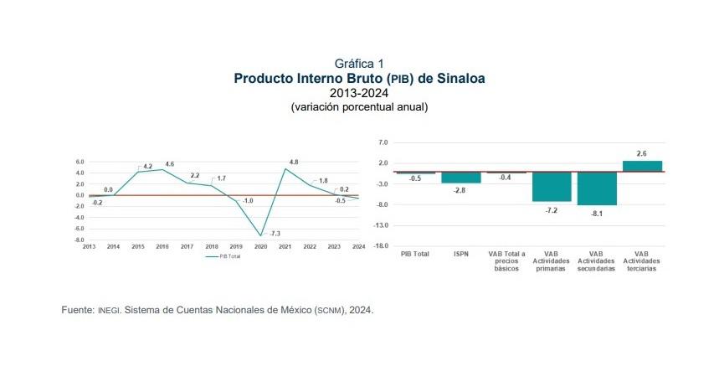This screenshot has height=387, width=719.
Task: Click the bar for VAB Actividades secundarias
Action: coord(596,188)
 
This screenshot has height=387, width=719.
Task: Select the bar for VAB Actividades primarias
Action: coord(551,187)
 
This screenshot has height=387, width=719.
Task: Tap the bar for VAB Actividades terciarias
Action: coord(641,166)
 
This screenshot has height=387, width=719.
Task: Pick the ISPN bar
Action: coord(460,178)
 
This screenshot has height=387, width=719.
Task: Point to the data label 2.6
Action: coord(641,154)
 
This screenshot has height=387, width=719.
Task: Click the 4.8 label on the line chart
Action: coord(294,162)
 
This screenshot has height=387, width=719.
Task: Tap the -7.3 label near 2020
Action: coord(274,232)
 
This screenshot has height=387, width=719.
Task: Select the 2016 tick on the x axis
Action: coord(162,246)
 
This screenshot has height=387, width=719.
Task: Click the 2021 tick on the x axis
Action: coord(285,246)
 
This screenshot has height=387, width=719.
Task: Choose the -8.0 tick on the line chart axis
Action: coord(80,240)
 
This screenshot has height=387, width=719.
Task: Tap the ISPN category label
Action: coord(460,254)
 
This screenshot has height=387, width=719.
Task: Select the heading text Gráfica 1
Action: coord(359,64)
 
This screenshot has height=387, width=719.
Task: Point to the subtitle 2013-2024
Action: coord(359,93)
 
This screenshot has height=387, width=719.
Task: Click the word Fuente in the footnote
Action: coord(78,310)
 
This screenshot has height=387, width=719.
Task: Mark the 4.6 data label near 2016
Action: coord(170,164)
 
